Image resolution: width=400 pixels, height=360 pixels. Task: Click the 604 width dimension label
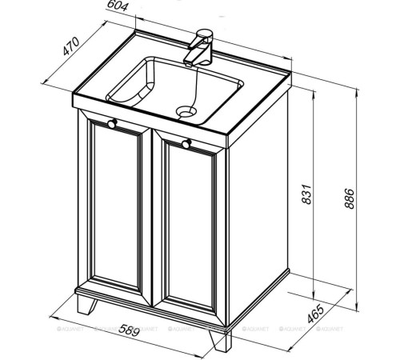point(118,6)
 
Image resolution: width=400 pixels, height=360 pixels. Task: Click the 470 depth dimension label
point(71,46)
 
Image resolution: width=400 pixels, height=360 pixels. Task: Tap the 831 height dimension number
point(306,194)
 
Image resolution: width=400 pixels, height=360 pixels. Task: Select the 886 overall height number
point(349,198)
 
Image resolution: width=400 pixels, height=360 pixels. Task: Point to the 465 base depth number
point(316,313)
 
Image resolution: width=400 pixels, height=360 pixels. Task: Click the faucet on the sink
point(198,48)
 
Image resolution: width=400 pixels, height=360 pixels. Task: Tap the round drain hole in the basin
point(186,112)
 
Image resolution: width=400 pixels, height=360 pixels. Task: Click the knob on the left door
point(112,124)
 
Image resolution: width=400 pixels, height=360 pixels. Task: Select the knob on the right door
point(186,143)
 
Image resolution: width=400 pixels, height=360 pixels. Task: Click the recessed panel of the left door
point(116,207)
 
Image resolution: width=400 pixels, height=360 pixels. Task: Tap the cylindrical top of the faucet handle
point(205,35)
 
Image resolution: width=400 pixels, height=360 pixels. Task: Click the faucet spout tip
point(188,63)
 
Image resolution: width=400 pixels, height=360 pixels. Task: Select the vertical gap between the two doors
point(152,218)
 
